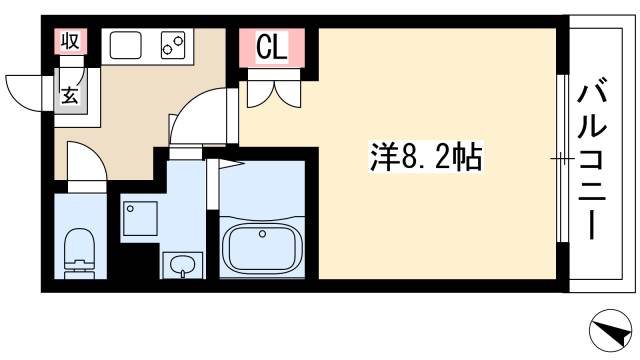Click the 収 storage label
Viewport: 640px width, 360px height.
(x=70, y=42)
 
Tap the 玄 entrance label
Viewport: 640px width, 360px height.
(x=71, y=97)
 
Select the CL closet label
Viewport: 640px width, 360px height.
(x=271, y=47)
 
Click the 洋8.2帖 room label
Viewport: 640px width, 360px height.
(x=415, y=157)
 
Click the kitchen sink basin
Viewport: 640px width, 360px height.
(x=126, y=46)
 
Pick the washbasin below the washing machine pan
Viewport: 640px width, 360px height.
(x=181, y=265)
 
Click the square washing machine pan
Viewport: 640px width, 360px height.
(x=140, y=218)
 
